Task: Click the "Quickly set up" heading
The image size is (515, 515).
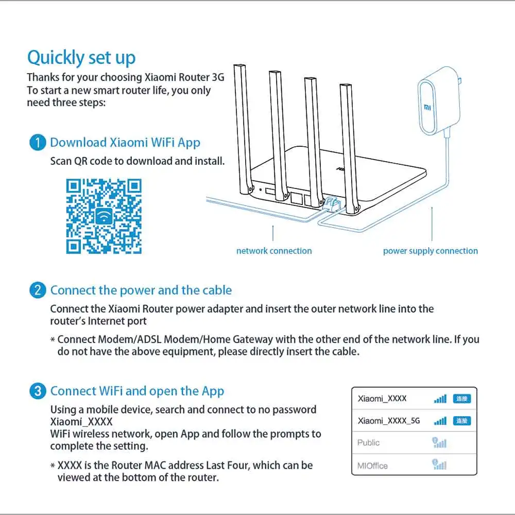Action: click(x=81, y=58)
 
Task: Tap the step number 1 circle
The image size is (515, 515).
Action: click(x=38, y=143)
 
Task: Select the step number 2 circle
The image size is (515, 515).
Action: click(x=38, y=290)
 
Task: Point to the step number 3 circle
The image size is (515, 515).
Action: click(x=38, y=391)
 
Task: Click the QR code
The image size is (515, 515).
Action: click(x=105, y=216)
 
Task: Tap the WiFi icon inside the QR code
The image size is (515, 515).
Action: click(x=105, y=216)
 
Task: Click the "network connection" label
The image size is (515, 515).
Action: click(x=274, y=251)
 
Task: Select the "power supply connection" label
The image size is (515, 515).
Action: click(x=430, y=251)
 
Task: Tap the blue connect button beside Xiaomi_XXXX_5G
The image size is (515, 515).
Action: click(x=461, y=421)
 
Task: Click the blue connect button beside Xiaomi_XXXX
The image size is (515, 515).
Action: click(x=461, y=399)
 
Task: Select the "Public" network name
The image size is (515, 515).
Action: click(x=368, y=443)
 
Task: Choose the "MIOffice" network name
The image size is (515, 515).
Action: click(x=372, y=466)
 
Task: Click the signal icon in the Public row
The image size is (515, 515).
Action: click(x=439, y=443)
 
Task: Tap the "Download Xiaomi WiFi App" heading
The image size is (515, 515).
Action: click(x=125, y=143)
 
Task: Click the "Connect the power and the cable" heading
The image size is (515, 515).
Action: click(x=141, y=290)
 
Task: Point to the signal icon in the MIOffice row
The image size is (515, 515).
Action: click(x=439, y=465)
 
